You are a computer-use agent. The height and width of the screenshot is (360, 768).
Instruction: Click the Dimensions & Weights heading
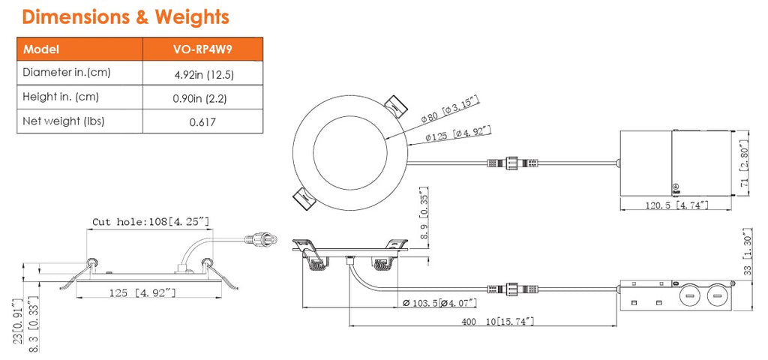(x=126, y=16)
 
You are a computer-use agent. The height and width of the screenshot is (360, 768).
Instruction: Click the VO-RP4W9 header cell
(x=202, y=49)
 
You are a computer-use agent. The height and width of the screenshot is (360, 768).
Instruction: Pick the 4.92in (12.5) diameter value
(x=202, y=73)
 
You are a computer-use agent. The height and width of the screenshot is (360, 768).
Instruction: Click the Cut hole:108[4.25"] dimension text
(x=150, y=222)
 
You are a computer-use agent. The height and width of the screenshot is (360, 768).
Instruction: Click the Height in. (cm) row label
(x=61, y=97)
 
